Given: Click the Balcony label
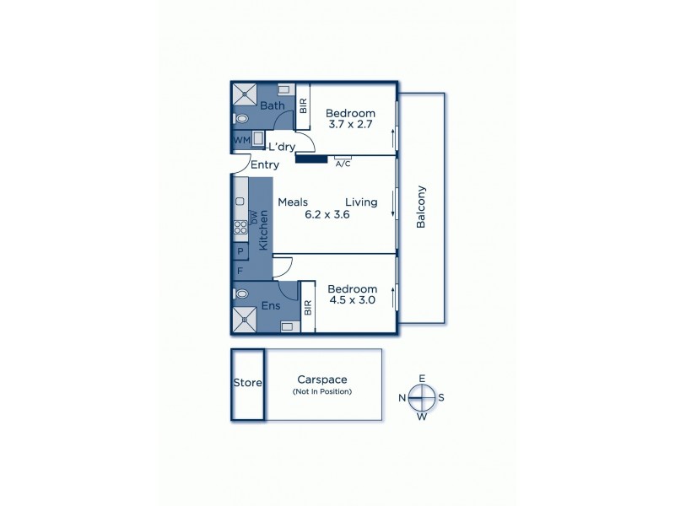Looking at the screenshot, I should coord(421,207).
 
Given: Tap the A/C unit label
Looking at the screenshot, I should coord(343,164).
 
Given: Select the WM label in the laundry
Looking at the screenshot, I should coord(240,139).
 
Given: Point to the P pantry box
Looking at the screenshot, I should coord(240,251).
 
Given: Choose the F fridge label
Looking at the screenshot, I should coord(240,272).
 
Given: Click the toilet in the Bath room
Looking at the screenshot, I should coord(242,119).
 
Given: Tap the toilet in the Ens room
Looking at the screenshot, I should coord(242,294).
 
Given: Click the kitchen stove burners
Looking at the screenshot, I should coord(240,225).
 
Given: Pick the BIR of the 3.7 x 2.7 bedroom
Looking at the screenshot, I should coord(303,107).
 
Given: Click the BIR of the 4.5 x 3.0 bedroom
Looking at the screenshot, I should coord(307,308).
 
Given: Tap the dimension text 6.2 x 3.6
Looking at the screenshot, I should coord(327,214).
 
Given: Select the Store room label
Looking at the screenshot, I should coord(247,383).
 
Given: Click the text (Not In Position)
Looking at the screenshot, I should coord(321,392).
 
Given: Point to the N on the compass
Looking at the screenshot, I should coord(403,396).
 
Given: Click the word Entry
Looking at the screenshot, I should coord(264,165).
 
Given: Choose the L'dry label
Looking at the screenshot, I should coord(282,147).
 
